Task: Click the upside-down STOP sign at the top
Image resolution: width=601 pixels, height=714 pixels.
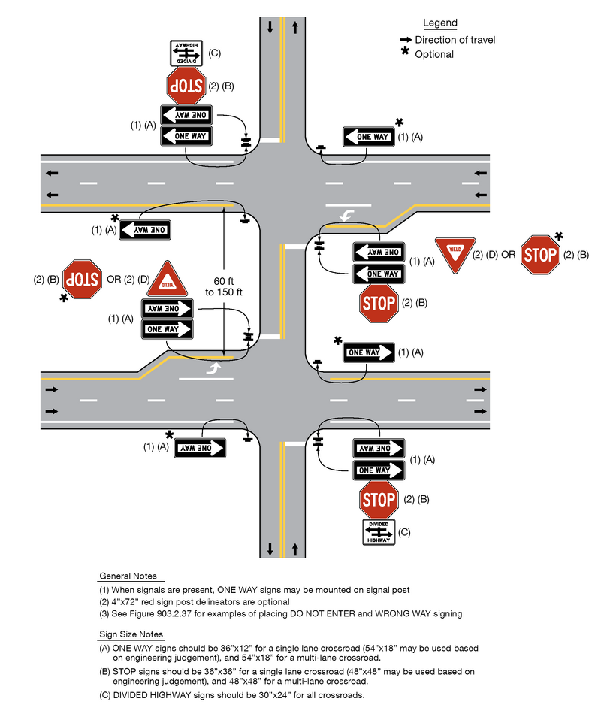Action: (186, 86)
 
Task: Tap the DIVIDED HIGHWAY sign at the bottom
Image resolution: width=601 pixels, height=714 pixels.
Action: (379, 531)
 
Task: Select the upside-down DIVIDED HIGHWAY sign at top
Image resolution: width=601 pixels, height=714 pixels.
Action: (186, 52)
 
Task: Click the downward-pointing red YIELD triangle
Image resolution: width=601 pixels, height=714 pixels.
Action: (454, 254)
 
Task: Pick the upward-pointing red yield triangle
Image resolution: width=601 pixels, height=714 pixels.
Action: (166, 280)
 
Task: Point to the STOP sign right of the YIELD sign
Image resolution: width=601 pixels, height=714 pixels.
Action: (539, 254)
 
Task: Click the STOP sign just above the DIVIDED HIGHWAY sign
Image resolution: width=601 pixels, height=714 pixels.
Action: (379, 498)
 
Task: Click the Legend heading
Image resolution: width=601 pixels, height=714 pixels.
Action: (439, 23)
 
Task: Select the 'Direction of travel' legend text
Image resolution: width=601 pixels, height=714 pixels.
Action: (455, 40)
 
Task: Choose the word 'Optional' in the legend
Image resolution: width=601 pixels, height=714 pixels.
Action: (434, 54)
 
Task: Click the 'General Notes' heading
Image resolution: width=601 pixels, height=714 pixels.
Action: (128, 576)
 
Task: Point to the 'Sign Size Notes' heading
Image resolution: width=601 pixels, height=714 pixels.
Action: (131, 635)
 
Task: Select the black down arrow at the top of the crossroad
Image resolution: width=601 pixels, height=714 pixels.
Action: (270, 28)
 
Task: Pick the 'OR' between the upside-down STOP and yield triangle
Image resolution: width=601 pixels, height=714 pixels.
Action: (114, 280)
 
